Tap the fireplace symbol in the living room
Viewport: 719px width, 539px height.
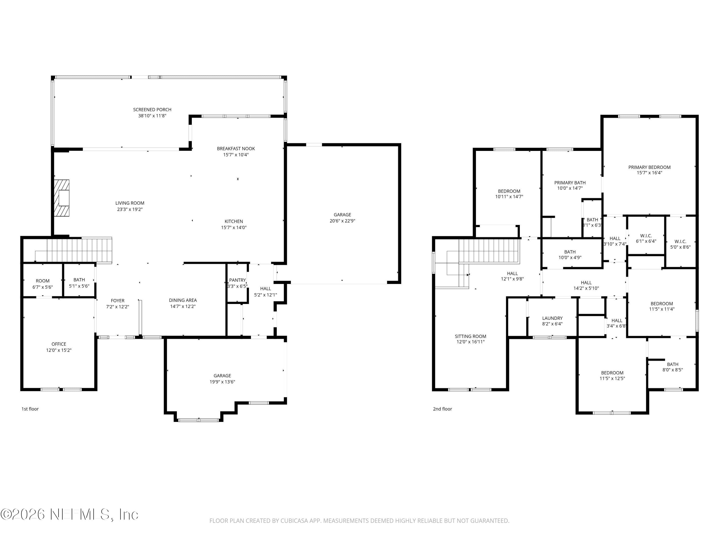coord(61,198)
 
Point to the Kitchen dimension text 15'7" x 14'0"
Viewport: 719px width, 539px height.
coord(234,227)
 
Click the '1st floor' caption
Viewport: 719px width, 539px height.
coord(30,409)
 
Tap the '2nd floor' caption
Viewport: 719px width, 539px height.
coord(442,409)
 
